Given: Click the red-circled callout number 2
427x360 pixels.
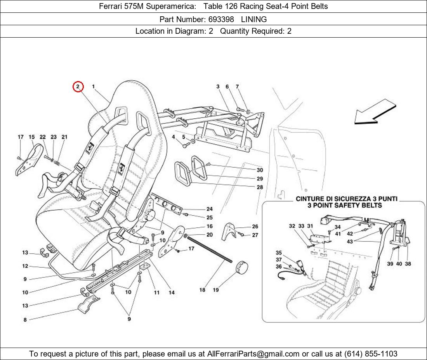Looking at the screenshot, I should [78, 87].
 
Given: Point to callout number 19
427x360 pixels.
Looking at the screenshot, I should [216, 290].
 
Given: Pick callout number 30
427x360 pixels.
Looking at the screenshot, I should [260, 170].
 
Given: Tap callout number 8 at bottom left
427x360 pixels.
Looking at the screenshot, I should [25, 320].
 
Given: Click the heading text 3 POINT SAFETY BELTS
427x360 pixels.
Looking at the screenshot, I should [345, 205].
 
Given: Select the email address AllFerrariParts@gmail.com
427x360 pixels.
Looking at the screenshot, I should [253, 354].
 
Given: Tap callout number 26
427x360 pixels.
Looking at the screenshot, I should [255, 227].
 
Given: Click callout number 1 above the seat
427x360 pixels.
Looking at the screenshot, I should [94, 87].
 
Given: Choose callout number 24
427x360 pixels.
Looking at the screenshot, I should [209, 209].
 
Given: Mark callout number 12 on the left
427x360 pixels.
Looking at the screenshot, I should [25, 266].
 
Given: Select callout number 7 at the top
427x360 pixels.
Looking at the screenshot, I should [237, 87].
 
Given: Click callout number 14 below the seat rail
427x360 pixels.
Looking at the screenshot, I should [171, 292].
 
